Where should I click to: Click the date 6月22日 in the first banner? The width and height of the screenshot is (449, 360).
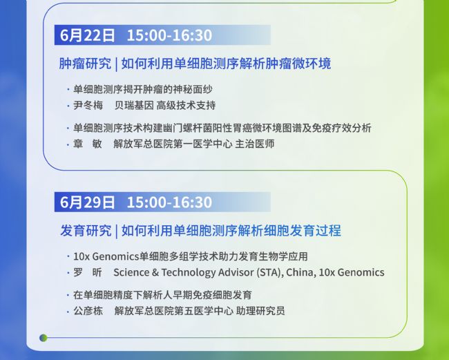[x=87, y=35]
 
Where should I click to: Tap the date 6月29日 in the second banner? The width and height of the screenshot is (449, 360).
[x=87, y=202]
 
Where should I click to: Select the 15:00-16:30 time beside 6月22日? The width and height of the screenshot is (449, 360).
[x=169, y=35]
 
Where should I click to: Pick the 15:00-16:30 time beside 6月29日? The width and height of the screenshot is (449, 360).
[x=169, y=202]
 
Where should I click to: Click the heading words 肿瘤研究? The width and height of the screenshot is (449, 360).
[x=85, y=64]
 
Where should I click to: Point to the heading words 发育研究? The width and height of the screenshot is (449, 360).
[x=86, y=231]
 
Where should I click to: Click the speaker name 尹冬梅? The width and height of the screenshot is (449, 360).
[x=88, y=106]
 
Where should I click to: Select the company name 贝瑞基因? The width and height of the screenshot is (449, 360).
[x=134, y=106]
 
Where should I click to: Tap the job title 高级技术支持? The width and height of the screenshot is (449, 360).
[x=186, y=106]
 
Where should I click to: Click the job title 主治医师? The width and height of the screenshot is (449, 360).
[x=255, y=144]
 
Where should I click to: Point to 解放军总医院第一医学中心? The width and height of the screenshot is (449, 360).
[x=173, y=144]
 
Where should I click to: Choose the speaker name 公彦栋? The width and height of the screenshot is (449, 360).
[x=88, y=311]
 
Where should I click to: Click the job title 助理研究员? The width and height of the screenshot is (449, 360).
[x=260, y=311]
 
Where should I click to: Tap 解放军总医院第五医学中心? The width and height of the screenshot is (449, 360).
[x=174, y=311]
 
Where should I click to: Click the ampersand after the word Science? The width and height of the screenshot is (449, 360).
[x=155, y=272]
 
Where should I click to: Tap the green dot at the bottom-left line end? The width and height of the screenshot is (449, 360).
[x=44, y=338]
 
